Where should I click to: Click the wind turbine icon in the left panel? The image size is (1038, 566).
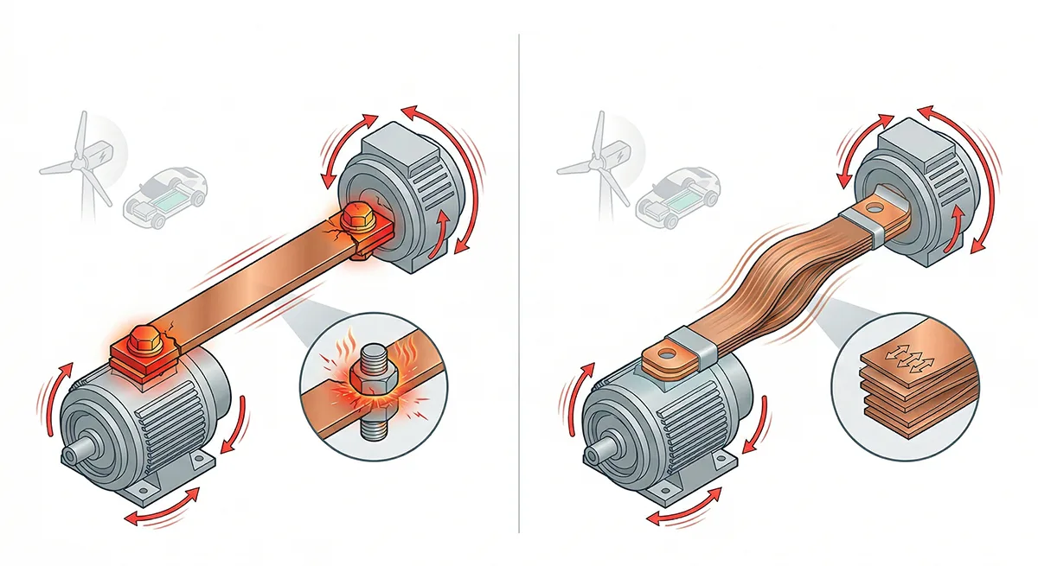(x=80, y=160)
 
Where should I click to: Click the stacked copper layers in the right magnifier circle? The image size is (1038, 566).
(x=894, y=385)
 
